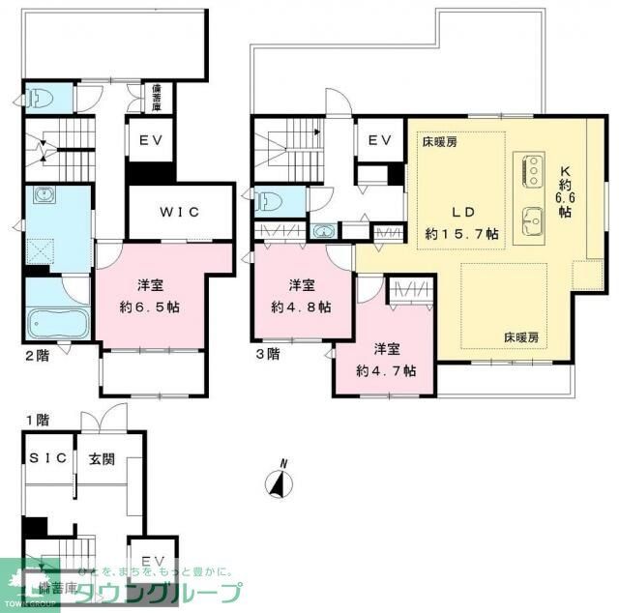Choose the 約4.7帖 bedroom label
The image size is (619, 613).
(386, 360)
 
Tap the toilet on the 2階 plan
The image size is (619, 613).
(37, 99)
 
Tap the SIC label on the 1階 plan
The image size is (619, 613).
(47, 458)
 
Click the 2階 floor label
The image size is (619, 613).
(37, 355)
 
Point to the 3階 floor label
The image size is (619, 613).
(268, 355)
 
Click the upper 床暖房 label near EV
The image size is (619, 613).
(438, 142)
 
